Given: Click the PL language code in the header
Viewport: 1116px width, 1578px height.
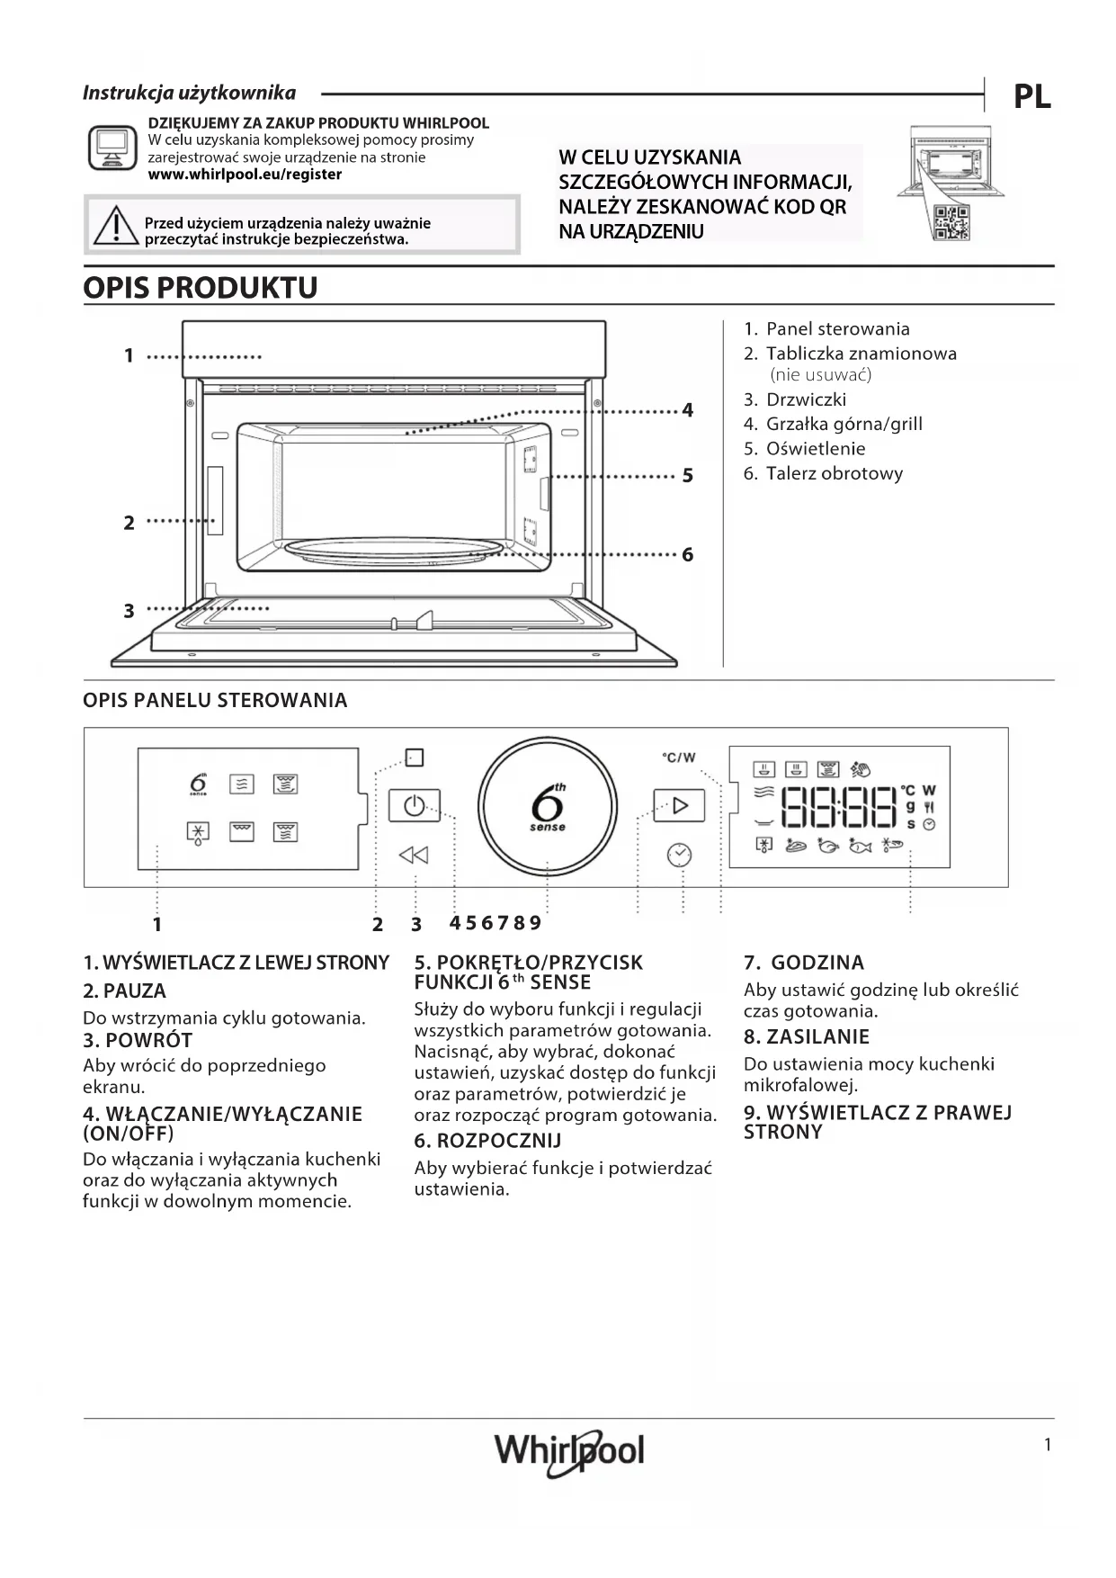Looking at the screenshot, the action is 1031,96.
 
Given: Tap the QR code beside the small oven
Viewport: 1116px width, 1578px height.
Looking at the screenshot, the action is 951,222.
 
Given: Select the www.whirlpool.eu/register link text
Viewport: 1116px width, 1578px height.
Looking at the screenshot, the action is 245,175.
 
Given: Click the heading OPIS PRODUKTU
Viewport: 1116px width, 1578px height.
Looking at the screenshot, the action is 201,288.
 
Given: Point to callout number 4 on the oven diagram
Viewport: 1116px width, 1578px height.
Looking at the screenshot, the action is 688,411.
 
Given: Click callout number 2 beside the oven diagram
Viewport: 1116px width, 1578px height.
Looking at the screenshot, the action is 129,523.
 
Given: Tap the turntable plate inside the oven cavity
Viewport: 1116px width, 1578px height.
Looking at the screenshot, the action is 393,551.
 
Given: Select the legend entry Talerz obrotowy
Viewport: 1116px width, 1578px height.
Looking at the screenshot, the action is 833,474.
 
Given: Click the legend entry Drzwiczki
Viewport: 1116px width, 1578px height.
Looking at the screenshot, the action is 805,399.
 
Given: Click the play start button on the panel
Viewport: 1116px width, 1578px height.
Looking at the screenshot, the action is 679,805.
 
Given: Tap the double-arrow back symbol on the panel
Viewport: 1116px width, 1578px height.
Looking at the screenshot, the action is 414,855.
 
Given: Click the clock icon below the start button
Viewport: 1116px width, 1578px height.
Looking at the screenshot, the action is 679,855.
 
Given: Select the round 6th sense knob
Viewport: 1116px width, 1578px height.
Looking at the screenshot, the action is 548,806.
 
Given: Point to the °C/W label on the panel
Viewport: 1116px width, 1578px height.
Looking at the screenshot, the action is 679,758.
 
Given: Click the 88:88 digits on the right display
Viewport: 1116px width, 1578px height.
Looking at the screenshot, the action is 839,807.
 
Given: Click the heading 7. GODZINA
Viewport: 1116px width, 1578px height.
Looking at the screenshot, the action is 803,963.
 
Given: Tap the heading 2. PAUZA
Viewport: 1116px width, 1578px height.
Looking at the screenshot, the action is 124,991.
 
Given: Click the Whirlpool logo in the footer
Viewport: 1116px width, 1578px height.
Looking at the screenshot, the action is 569,1450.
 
